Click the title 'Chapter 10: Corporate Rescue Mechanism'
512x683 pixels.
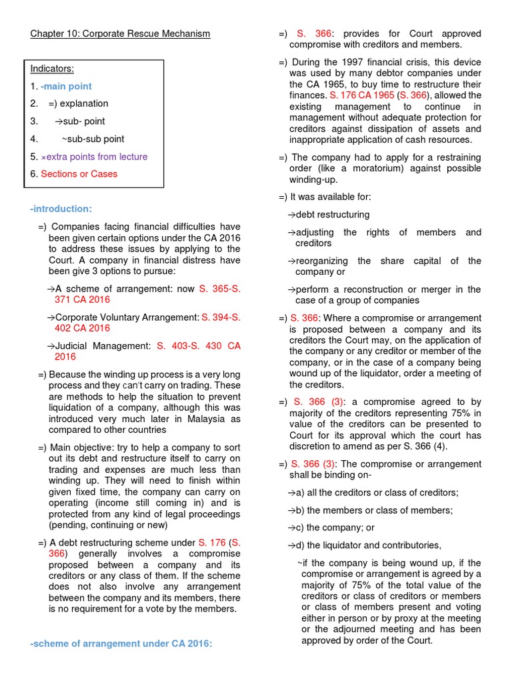coord(120,33)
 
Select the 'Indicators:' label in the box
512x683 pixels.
coord(52,69)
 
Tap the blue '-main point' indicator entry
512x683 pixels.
coord(66,86)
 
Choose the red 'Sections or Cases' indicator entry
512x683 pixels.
coord(79,174)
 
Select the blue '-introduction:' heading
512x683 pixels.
coord(61,209)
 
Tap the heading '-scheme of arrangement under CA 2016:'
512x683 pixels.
coord(121,644)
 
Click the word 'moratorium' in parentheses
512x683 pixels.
coord(361,169)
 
